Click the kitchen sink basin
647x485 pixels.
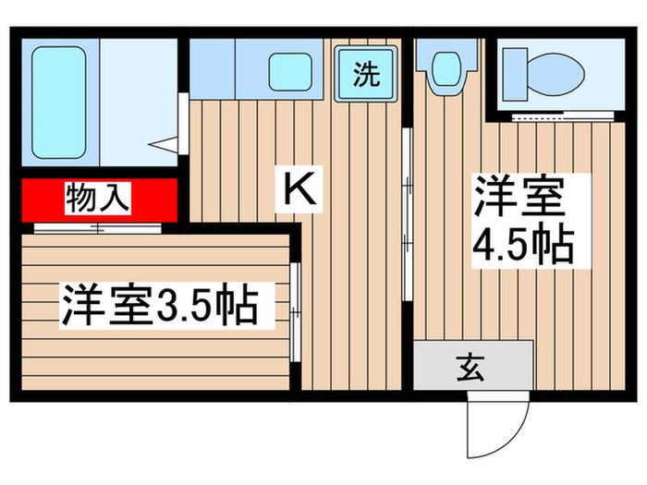click(x=289, y=72)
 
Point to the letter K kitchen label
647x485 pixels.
click(x=301, y=190)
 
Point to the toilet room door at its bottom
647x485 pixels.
click(x=550, y=118)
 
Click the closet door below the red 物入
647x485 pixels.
click(x=97, y=225)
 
